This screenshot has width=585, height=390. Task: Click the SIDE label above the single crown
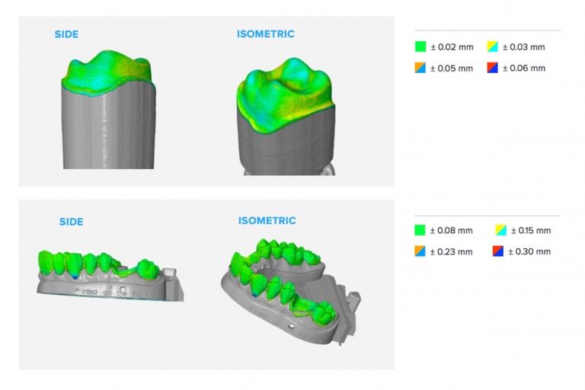coord(66,34)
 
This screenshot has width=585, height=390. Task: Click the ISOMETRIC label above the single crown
coord(265,34)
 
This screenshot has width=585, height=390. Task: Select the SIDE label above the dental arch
coord(71,222)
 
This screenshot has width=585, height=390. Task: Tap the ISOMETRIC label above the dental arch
coord(267,221)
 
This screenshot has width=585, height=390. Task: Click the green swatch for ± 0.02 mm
coord(420,47)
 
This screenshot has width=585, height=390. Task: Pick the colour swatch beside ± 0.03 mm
coord(492,47)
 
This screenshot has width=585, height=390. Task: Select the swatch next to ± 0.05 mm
coord(420,68)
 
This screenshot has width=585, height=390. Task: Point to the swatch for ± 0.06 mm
coord(492,68)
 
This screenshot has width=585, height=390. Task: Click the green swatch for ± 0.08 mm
coord(420,230)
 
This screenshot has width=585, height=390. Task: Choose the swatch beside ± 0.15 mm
coord(500,230)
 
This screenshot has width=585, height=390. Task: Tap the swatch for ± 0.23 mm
coord(420,251)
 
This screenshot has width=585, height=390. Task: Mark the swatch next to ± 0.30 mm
coord(500,251)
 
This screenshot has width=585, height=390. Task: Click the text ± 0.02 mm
coord(452,47)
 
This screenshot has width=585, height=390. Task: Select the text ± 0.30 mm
coord(532,251)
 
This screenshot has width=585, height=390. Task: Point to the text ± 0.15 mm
coord(532,230)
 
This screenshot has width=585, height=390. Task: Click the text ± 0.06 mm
coord(524,68)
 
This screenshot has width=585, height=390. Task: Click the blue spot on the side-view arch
coord(74,278)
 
